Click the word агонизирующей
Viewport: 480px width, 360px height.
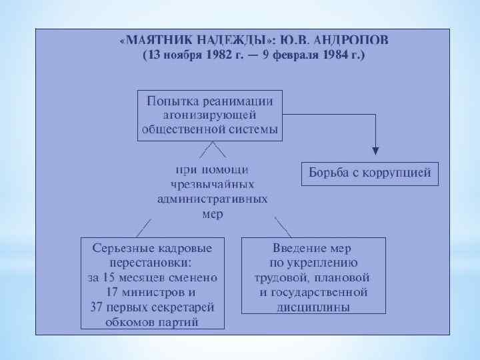tap(209, 115)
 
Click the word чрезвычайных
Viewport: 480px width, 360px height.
tap(212, 184)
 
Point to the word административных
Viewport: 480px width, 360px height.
tap(213, 199)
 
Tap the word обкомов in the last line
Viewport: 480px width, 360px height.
tap(129, 323)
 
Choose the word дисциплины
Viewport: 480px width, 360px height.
tap(313, 307)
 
